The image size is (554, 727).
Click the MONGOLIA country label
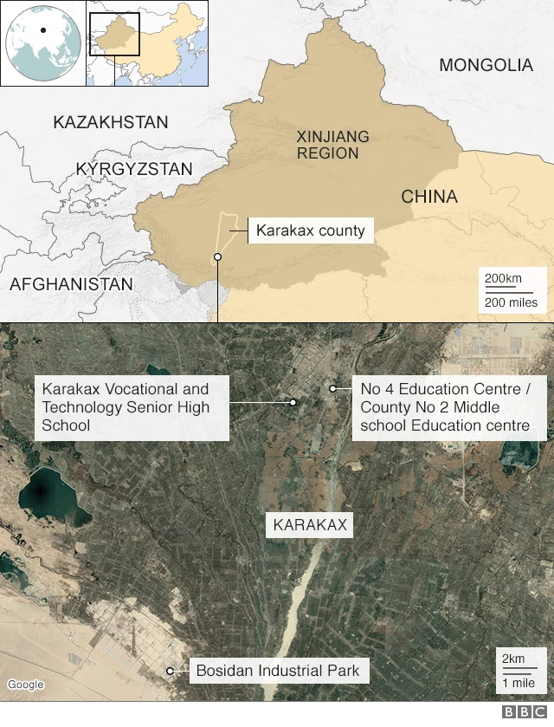point(486,65)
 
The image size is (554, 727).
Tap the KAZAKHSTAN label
point(111,122)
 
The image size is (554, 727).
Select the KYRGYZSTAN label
point(134,169)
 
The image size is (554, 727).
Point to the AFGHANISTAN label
point(71,284)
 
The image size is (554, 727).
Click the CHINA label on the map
point(429,198)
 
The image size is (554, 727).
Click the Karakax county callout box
point(310,231)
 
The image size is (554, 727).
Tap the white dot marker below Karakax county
point(217,256)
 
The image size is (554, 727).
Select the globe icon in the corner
point(42,42)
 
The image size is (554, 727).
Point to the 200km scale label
point(503,278)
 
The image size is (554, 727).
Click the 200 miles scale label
point(511,302)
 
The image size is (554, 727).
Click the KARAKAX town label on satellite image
point(309,525)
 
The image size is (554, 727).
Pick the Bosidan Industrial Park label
point(277,670)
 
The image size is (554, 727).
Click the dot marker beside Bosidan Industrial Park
point(171,671)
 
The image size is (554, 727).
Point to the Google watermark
point(25,685)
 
